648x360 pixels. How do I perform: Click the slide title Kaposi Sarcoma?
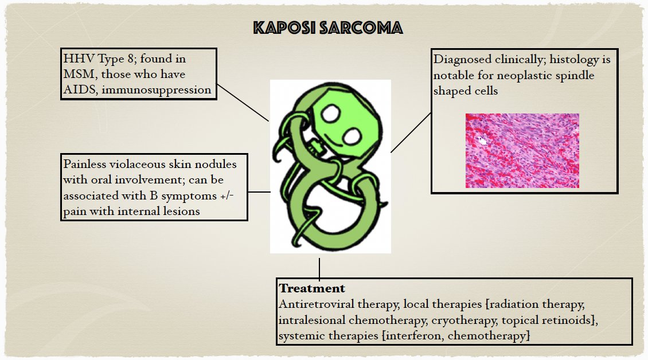click(x=328, y=28)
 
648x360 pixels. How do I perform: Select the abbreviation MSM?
click(x=80, y=74)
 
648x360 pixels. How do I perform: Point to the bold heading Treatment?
click(x=312, y=288)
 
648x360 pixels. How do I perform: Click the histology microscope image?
click(x=522, y=150)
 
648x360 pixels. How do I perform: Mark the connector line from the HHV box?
click(x=243, y=103)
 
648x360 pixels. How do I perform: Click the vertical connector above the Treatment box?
click(x=319, y=268)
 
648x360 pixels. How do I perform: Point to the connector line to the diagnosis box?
click(x=411, y=132)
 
